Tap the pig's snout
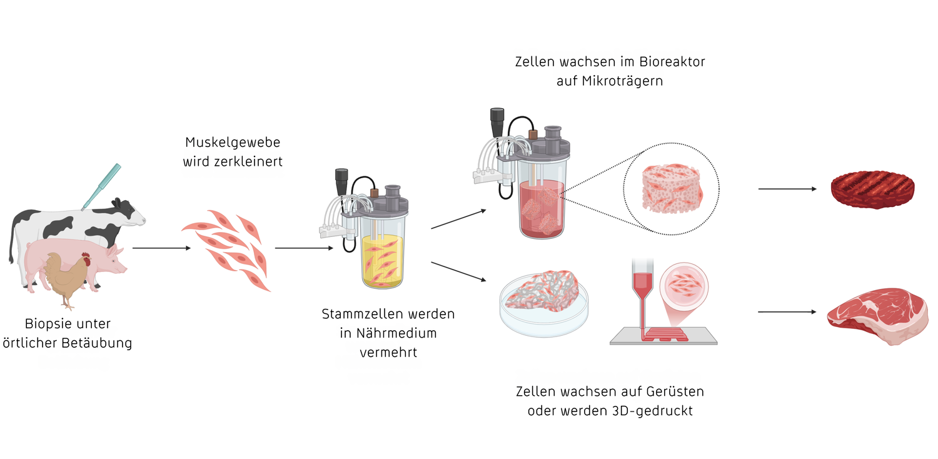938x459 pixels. click(x=124, y=268)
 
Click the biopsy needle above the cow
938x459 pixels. click(x=101, y=186)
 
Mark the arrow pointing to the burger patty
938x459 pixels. click(x=788, y=189)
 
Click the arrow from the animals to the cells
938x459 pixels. click(x=161, y=248)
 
